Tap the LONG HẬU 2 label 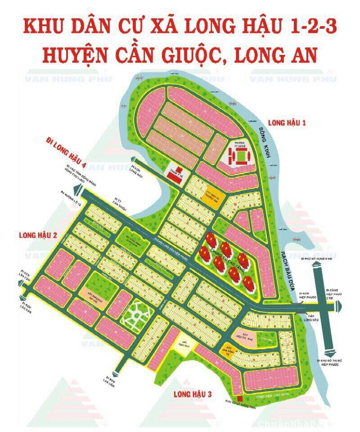(38, 234)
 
